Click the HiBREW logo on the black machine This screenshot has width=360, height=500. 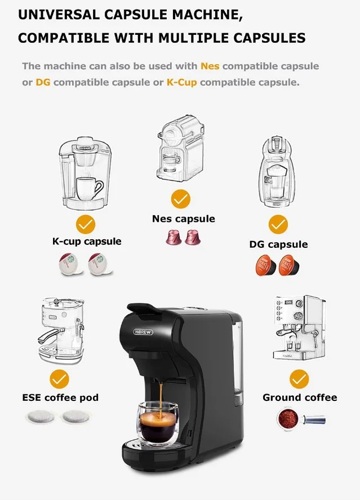coord(143,332)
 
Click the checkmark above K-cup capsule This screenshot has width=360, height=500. coord(86,225)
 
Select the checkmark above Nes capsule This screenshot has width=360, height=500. coord(181,199)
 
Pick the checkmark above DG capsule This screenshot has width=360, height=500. coord(278,224)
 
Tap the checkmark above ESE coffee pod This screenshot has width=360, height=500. coord(59,379)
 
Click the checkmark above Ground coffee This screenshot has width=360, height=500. coord(299,379)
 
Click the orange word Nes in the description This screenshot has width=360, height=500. coord(210,66)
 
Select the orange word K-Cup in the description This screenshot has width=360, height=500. coord(181,82)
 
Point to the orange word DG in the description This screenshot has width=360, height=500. coord(43,82)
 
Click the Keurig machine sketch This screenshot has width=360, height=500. coord(85,173)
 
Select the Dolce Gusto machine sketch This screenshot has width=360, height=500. coord(277,172)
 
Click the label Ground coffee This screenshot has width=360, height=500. coord(300,398)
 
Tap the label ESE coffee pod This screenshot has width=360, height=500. coord(60,398)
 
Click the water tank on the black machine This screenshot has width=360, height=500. coord(237,357)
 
